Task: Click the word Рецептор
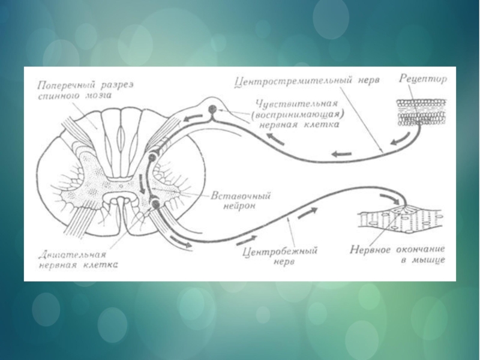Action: pos(423,79)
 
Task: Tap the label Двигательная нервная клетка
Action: pos(74,258)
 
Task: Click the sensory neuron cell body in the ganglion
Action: pos(212,109)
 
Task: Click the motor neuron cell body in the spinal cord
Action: pos(155,204)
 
